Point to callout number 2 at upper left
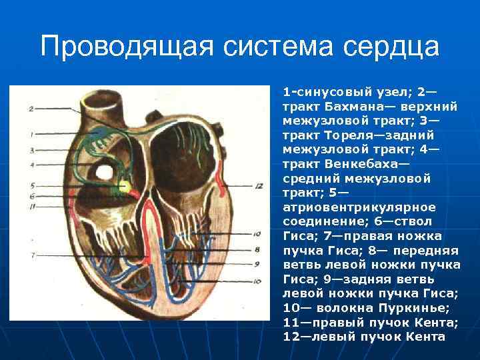tap(31, 108)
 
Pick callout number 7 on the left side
tap(31, 255)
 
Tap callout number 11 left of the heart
tap(31, 207)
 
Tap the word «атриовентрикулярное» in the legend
tap(350, 207)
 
